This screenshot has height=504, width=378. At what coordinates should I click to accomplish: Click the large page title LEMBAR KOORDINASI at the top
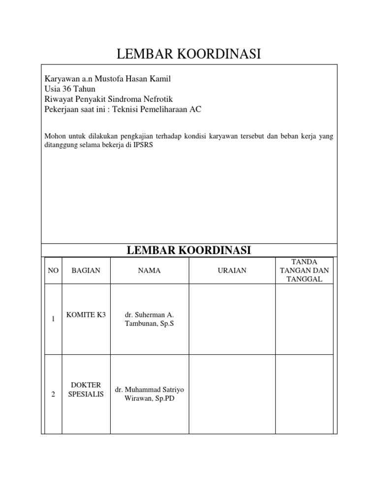pyautogui.click(x=189, y=55)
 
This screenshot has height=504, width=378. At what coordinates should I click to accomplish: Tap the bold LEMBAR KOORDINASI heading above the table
pyautogui.click(x=189, y=250)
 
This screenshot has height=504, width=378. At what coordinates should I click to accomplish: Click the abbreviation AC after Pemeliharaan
pyautogui.click(x=196, y=109)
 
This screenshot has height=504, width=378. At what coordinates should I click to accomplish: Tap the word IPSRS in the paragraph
pyautogui.click(x=143, y=146)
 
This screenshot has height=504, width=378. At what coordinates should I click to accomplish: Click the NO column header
pyautogui.click(x=53, y=271)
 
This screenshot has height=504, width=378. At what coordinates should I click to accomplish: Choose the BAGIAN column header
pyautogui.click(x=86, y=271)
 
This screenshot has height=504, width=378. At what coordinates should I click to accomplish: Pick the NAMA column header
pyautogui.click(x=149, y=271)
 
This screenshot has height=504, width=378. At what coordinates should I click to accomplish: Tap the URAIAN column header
pyautogui.click(x=232, y=271)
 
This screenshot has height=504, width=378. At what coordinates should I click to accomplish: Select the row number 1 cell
pyautogui.click(x=53, y=319)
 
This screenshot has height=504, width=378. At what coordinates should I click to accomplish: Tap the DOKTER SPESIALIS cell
pyautogui.click(x=86, y=390)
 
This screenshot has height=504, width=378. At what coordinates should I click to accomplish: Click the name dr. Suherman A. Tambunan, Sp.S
pyautogui.click(x=149, y=319)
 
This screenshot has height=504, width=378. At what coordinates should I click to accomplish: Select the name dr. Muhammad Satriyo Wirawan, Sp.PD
pyautogui.click(x=149, y=394)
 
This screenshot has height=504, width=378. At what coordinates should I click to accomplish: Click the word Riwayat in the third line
pyautogui.click(x=57, y=99)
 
